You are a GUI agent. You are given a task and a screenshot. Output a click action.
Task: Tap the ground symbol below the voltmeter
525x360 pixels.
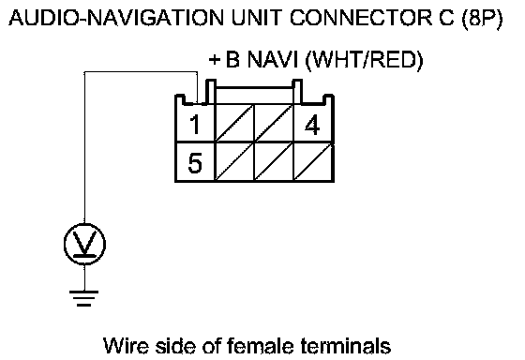[83, 298]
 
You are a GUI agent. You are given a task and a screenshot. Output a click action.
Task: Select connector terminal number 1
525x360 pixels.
[195, 125]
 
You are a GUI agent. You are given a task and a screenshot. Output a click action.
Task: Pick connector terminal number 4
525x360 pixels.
[312, 125]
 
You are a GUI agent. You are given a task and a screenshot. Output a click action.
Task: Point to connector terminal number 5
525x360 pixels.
[195, 163]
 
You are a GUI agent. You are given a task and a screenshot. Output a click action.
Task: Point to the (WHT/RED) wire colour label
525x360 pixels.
[365, 61]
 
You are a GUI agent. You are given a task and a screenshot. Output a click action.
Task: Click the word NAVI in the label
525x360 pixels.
[272, 60]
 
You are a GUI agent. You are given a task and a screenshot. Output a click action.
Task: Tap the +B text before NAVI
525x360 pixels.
[224, 60]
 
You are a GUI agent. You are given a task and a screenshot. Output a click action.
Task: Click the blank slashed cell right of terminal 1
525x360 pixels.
[234, 124]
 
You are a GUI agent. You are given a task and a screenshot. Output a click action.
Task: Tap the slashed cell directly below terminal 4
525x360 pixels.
[314, 163]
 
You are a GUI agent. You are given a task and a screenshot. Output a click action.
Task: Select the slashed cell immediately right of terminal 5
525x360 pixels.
[234, 163]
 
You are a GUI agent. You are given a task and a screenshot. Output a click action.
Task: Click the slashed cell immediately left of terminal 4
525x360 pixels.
[274, 124]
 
